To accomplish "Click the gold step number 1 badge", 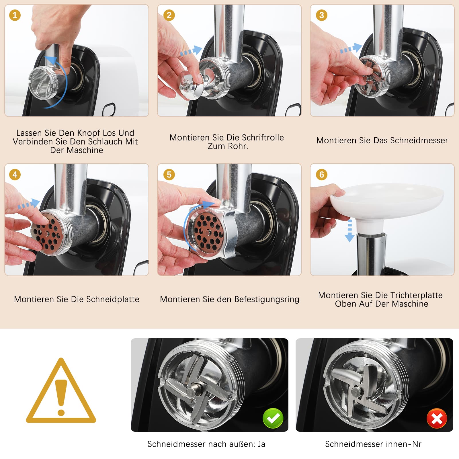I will pos(15,15).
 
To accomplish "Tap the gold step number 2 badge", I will pos(169,15).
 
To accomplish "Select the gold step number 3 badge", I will pos(321,15).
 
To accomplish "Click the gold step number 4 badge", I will pos(15,175).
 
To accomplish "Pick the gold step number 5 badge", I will pos(169,175).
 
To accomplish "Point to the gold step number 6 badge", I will pos(321,175).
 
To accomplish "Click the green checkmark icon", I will pos(273,418).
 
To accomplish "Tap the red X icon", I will pos(437,418).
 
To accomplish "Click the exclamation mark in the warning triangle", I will pos(61,397).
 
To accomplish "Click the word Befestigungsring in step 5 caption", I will pos(267,299).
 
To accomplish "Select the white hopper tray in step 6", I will pos(387,201).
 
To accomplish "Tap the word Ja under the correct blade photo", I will pos(261,444).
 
